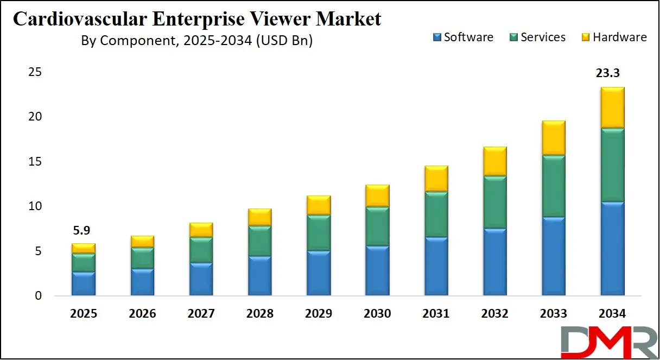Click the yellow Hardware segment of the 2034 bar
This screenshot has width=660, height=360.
612,108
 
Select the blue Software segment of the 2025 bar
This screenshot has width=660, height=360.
83,283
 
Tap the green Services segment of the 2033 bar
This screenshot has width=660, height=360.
553,186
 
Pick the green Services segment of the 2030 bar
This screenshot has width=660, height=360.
377,226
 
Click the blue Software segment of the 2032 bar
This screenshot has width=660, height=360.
494,262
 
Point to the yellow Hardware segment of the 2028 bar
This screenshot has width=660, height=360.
259,217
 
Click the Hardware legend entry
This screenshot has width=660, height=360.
614,37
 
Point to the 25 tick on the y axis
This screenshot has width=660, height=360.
36,72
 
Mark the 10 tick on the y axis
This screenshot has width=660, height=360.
36,206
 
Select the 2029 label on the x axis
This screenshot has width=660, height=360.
319,314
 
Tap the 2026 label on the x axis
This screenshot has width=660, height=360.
142,314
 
